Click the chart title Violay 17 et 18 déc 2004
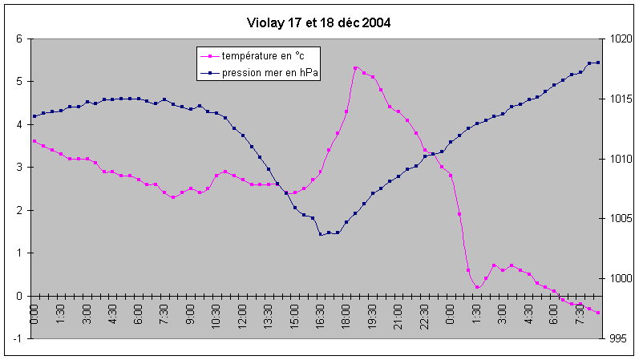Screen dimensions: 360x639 [x=319, y=22]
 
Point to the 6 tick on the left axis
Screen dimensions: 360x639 [x=19, y=38]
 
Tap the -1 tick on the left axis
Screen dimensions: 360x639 [x=18, y=338]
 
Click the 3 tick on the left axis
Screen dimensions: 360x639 [x=19, y=167]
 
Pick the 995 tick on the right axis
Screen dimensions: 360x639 [x=617, y=338]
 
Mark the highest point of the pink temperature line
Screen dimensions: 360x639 [x=355, y=68]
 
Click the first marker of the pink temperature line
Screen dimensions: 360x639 [x=34, y=141]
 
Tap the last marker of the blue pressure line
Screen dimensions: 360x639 [x=597, y=63]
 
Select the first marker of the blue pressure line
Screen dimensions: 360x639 [x=34, y=116]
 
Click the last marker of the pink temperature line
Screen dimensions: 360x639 [x=597, y=313]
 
